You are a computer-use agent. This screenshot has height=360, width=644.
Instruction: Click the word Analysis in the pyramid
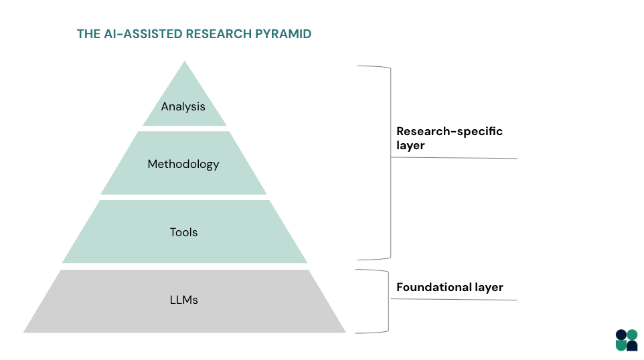(x=183, y=106)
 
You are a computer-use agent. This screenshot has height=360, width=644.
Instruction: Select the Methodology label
(x=183, y=164)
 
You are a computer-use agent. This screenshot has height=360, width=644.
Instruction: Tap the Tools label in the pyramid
(x=183, y=232)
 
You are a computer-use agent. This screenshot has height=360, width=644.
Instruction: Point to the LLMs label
(x=183, y=300)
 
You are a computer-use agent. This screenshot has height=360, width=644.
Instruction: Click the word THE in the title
(x=88, y=34)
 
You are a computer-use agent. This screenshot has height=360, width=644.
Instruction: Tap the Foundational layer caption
(x=449, y=287)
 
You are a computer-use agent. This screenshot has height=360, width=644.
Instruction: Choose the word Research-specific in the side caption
(x=449, y=131)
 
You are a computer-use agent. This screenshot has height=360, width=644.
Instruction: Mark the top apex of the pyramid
(x=184, y=63)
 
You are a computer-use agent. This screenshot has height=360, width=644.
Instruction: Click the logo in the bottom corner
(x=626, y=340)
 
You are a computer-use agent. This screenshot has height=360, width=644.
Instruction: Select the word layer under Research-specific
(x=410, y=145)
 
